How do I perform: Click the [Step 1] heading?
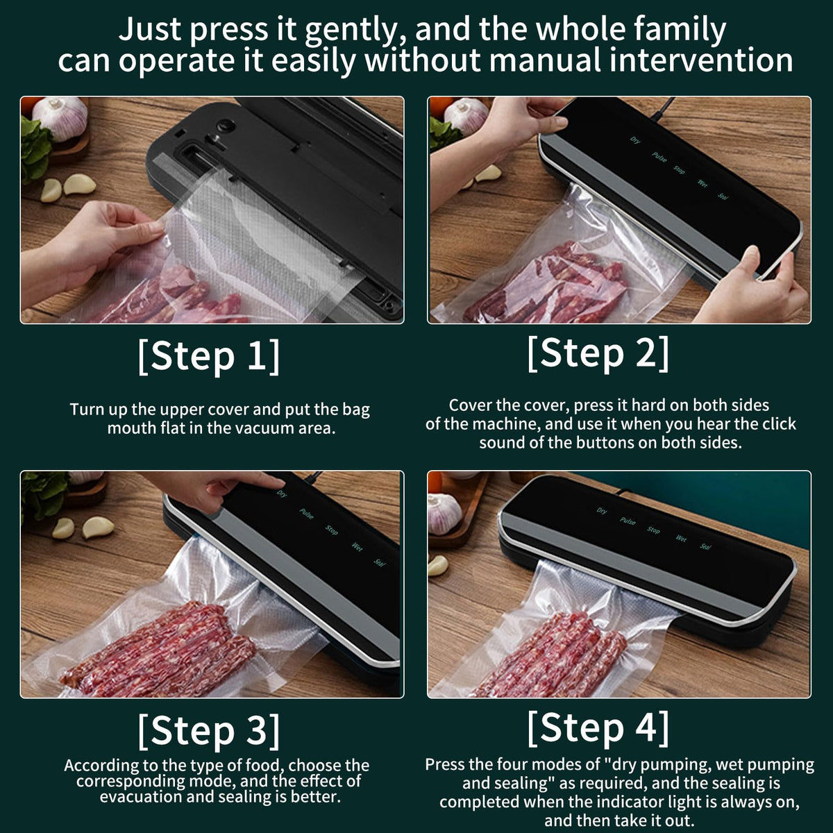tap(208, 356)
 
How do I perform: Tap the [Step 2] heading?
tap(598, 353)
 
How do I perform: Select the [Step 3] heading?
tap(208, 730)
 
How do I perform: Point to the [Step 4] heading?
tap(598, 727)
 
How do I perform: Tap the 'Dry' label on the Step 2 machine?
tap(635, 140)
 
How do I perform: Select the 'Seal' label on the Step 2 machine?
tap(723, 196)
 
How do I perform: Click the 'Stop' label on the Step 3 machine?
tap(332, 530)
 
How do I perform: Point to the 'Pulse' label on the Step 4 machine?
tap(628, 521)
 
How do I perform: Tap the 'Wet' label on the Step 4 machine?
tap(681, 539)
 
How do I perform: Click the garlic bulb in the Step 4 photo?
tap(444, 512)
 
